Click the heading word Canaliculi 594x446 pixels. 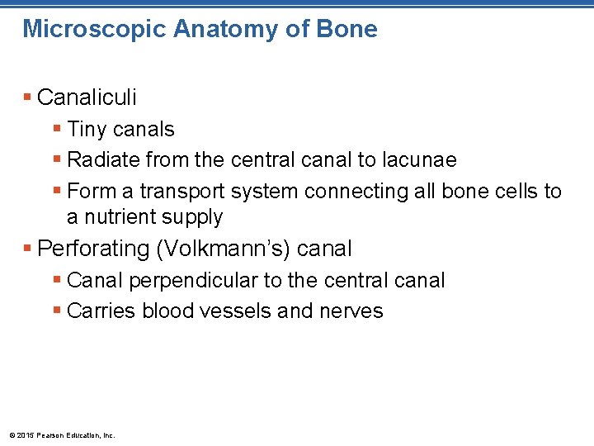(87, 97)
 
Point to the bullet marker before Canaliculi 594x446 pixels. (29, 97)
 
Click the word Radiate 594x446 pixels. (101, 159)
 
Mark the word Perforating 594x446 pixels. (93, 249)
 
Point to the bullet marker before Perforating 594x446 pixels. (29, 249)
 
